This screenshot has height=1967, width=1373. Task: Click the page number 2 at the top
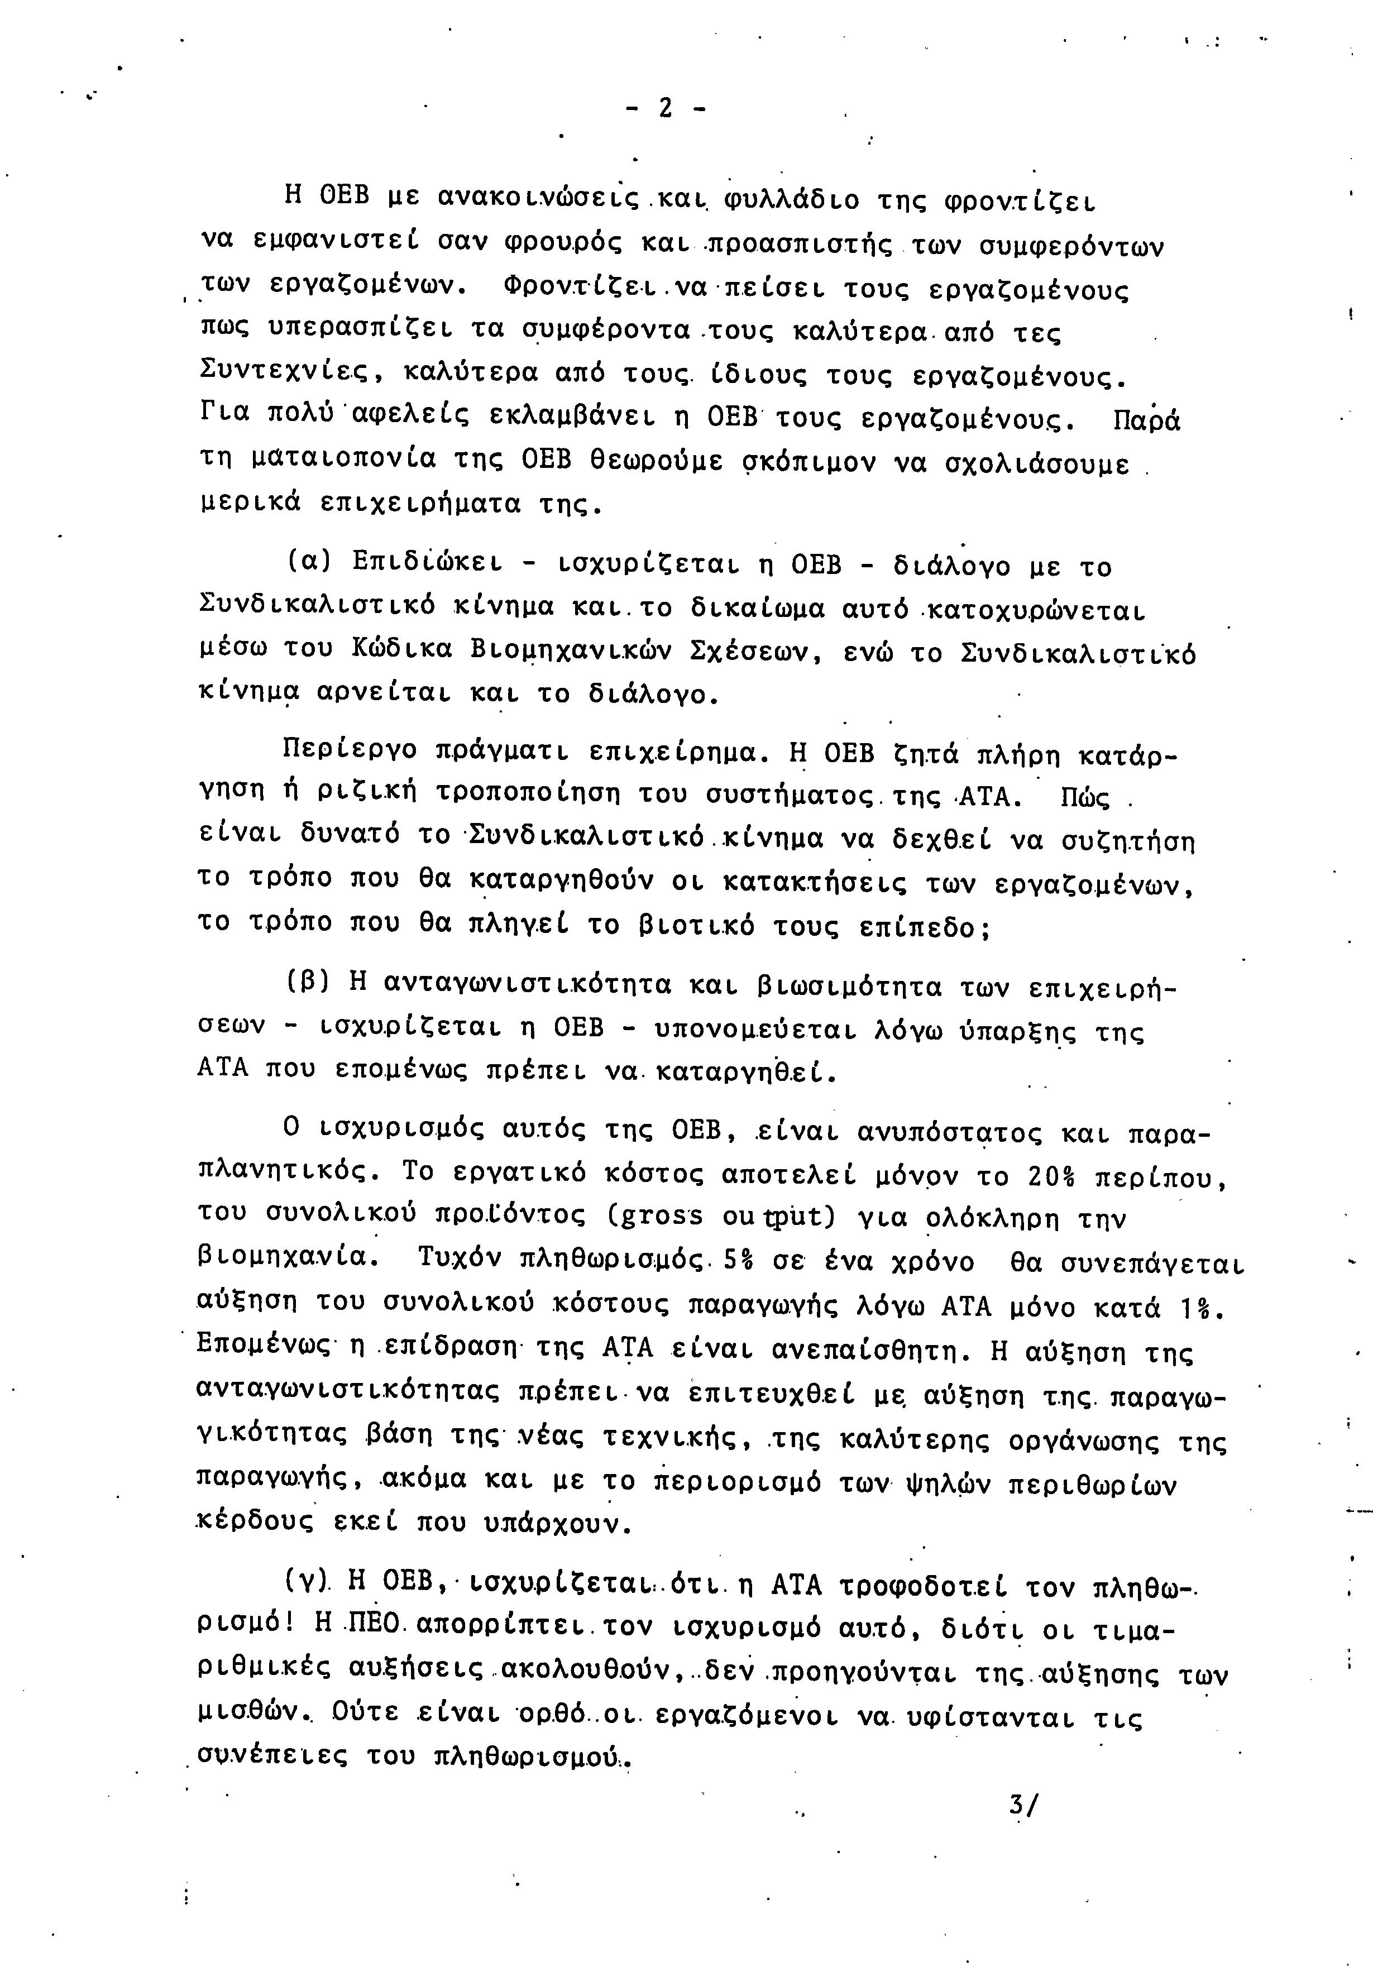664,109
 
